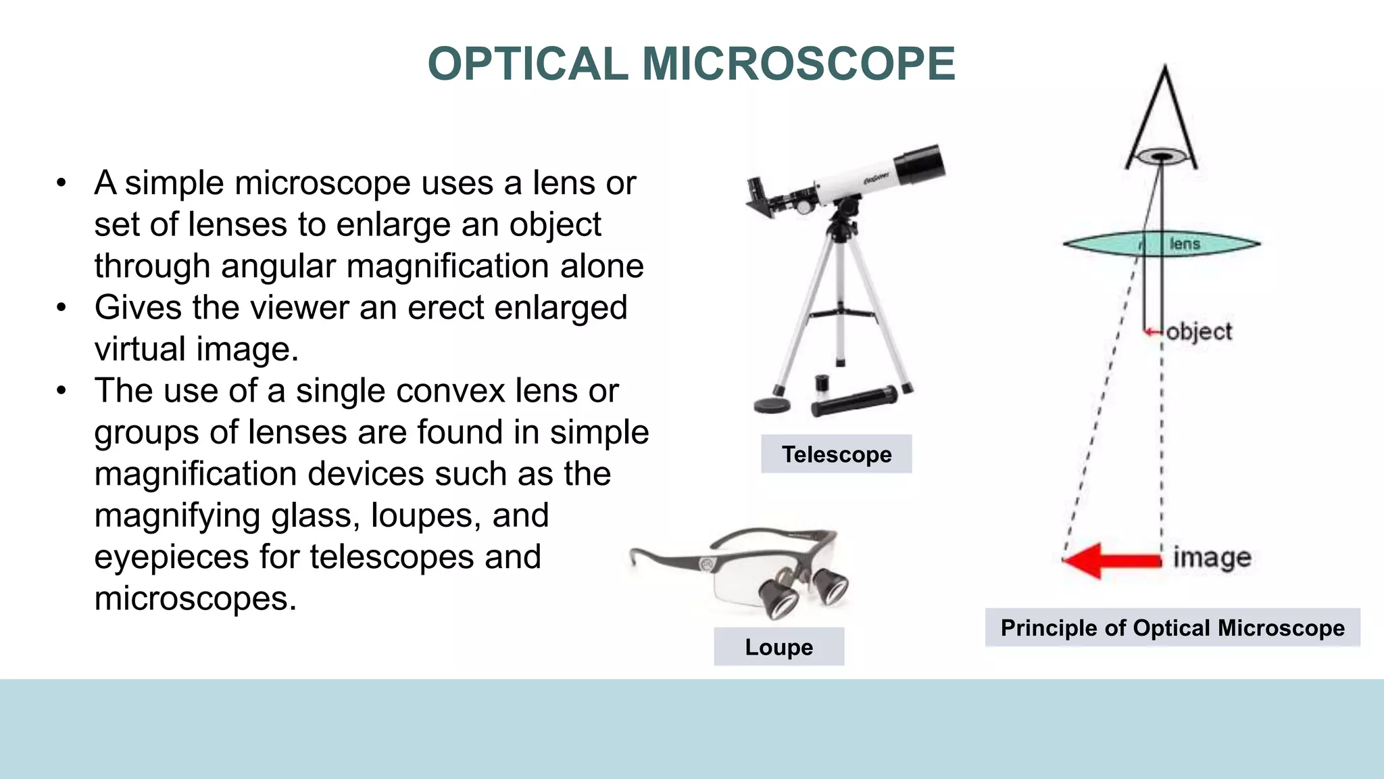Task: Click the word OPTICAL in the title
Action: tap(528, 64)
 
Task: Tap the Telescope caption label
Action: tap(836, 454)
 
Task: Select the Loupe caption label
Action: tap(778, 647)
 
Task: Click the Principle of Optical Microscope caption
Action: tap(1172, 628)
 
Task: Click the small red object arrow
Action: tap(1152, 332)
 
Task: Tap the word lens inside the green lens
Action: tap(1184, 244)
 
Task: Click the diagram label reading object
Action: tap(1199, 332)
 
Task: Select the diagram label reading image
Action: tap(1212, 559)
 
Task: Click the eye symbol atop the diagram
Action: tap(1162, 157)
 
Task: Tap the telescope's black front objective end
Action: tap(920, 164)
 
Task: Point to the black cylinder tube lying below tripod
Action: tap(854, 401)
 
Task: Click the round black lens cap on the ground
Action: tap(772, 405)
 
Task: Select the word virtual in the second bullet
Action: tap(140, 350)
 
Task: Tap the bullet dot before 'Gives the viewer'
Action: tap(61, 308)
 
